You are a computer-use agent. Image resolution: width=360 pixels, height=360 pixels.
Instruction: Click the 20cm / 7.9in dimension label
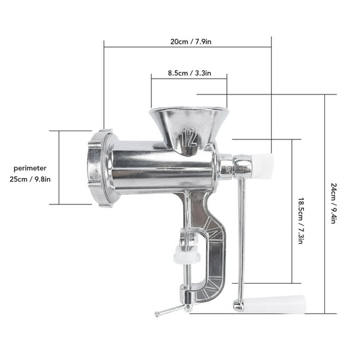(x=187, y=41)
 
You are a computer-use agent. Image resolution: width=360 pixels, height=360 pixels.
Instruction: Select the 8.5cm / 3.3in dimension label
(x=189, y=72)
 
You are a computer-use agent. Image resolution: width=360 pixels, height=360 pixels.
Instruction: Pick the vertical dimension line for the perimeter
(x=59, y=167)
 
